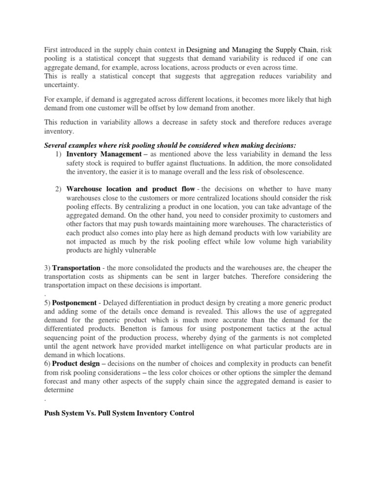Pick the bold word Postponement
coord(74,303)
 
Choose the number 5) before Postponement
coord(47,303)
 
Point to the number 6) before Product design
coord(47,364)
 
